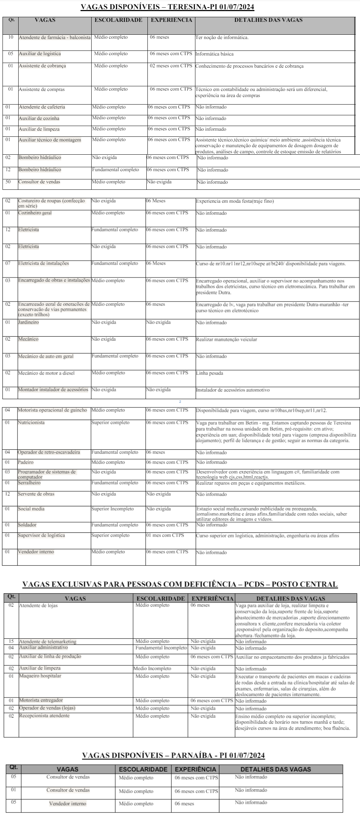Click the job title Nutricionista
pos(31,423)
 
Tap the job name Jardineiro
pos(29,322)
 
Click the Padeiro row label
pos(26,462)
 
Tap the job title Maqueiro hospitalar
pos(40,676)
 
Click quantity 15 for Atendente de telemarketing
pos(11,641)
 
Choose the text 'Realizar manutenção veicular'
pos(226,339)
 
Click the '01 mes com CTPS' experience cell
pos(165,535)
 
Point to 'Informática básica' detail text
pos(214,54)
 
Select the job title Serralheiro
pos(29,483)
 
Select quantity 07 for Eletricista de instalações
pos(8,264)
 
